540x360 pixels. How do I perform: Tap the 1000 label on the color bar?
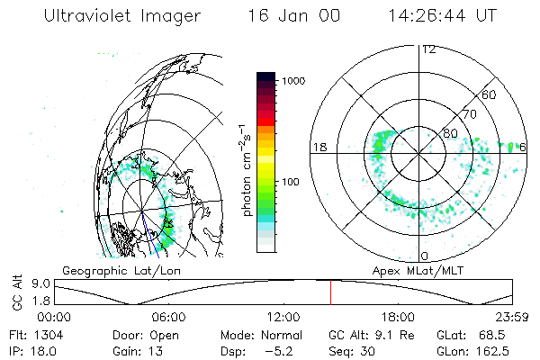click(x=298, y=81)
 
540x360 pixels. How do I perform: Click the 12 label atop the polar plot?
click(x=428, y=49)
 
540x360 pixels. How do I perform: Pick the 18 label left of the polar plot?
click(x=319, y=147)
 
